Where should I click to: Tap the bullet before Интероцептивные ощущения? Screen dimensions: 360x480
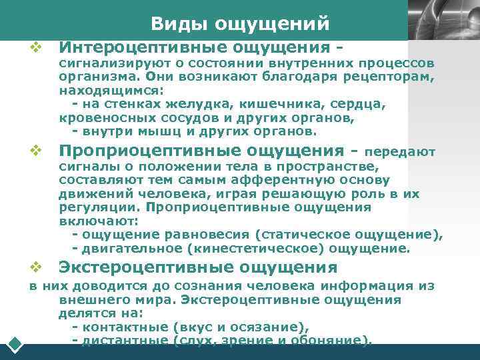[35, 47]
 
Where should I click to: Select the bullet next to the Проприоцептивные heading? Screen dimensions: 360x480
[35, 150]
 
